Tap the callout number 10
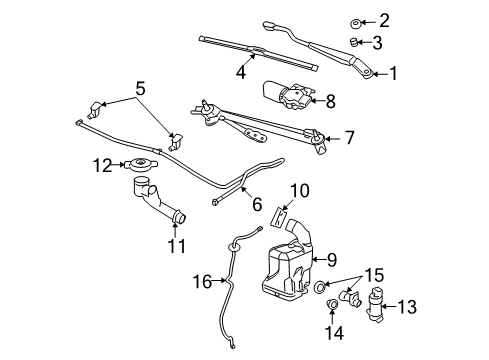(x=300, y=191)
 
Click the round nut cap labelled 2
(x=357, y=20)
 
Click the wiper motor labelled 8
(x=285, y=95)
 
